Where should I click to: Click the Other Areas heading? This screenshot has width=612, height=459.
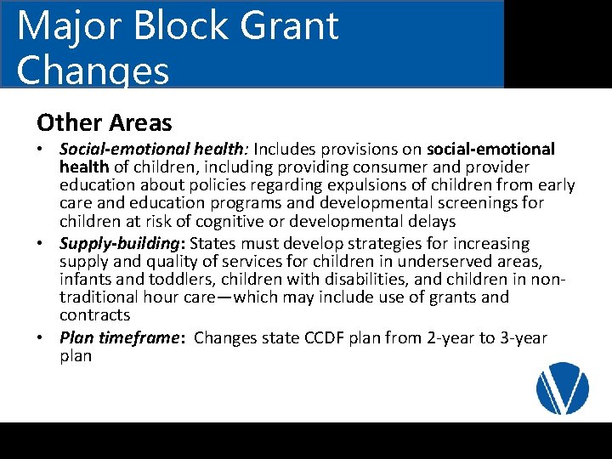[105, 122]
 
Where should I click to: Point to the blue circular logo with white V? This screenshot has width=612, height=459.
[563, 388]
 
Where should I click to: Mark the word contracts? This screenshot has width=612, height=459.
[94, 314]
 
